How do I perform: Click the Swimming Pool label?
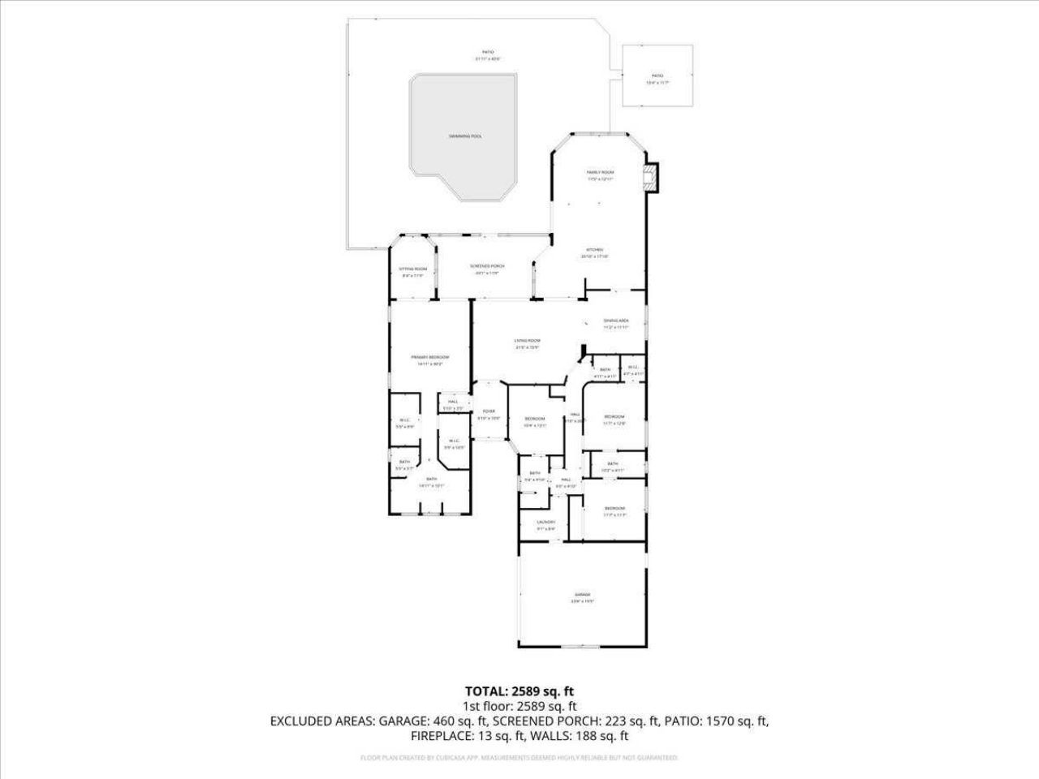465,136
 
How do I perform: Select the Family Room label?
600,173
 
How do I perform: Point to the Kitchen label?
595,250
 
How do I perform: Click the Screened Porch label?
487,267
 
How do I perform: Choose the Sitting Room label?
412,269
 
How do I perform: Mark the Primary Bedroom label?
429,358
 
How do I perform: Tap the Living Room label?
527,341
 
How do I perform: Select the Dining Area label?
616,321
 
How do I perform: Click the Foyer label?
489,412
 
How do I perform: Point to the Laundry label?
545,523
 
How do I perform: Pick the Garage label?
583,595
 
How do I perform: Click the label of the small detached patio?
657,75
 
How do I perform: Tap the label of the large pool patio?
488,52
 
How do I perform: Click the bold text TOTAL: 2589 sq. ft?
519,691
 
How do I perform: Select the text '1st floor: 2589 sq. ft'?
519,707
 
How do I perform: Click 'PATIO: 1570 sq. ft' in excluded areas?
715,721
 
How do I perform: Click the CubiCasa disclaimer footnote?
519,758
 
